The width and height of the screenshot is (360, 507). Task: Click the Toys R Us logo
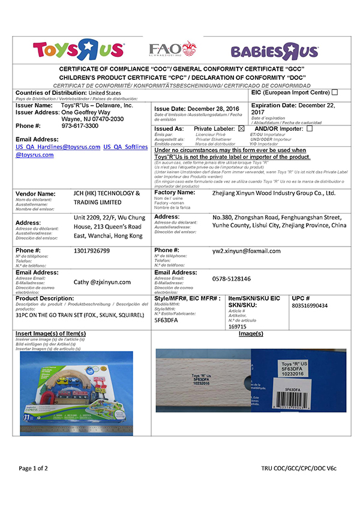79,50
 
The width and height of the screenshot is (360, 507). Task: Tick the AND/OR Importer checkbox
310,128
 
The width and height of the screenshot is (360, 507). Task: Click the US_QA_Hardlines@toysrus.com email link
58,146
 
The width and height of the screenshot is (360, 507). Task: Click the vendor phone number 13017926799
92,250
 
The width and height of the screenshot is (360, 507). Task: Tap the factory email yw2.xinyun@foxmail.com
247,251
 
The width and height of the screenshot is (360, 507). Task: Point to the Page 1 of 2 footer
38,468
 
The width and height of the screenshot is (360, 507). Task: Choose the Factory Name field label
175,193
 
